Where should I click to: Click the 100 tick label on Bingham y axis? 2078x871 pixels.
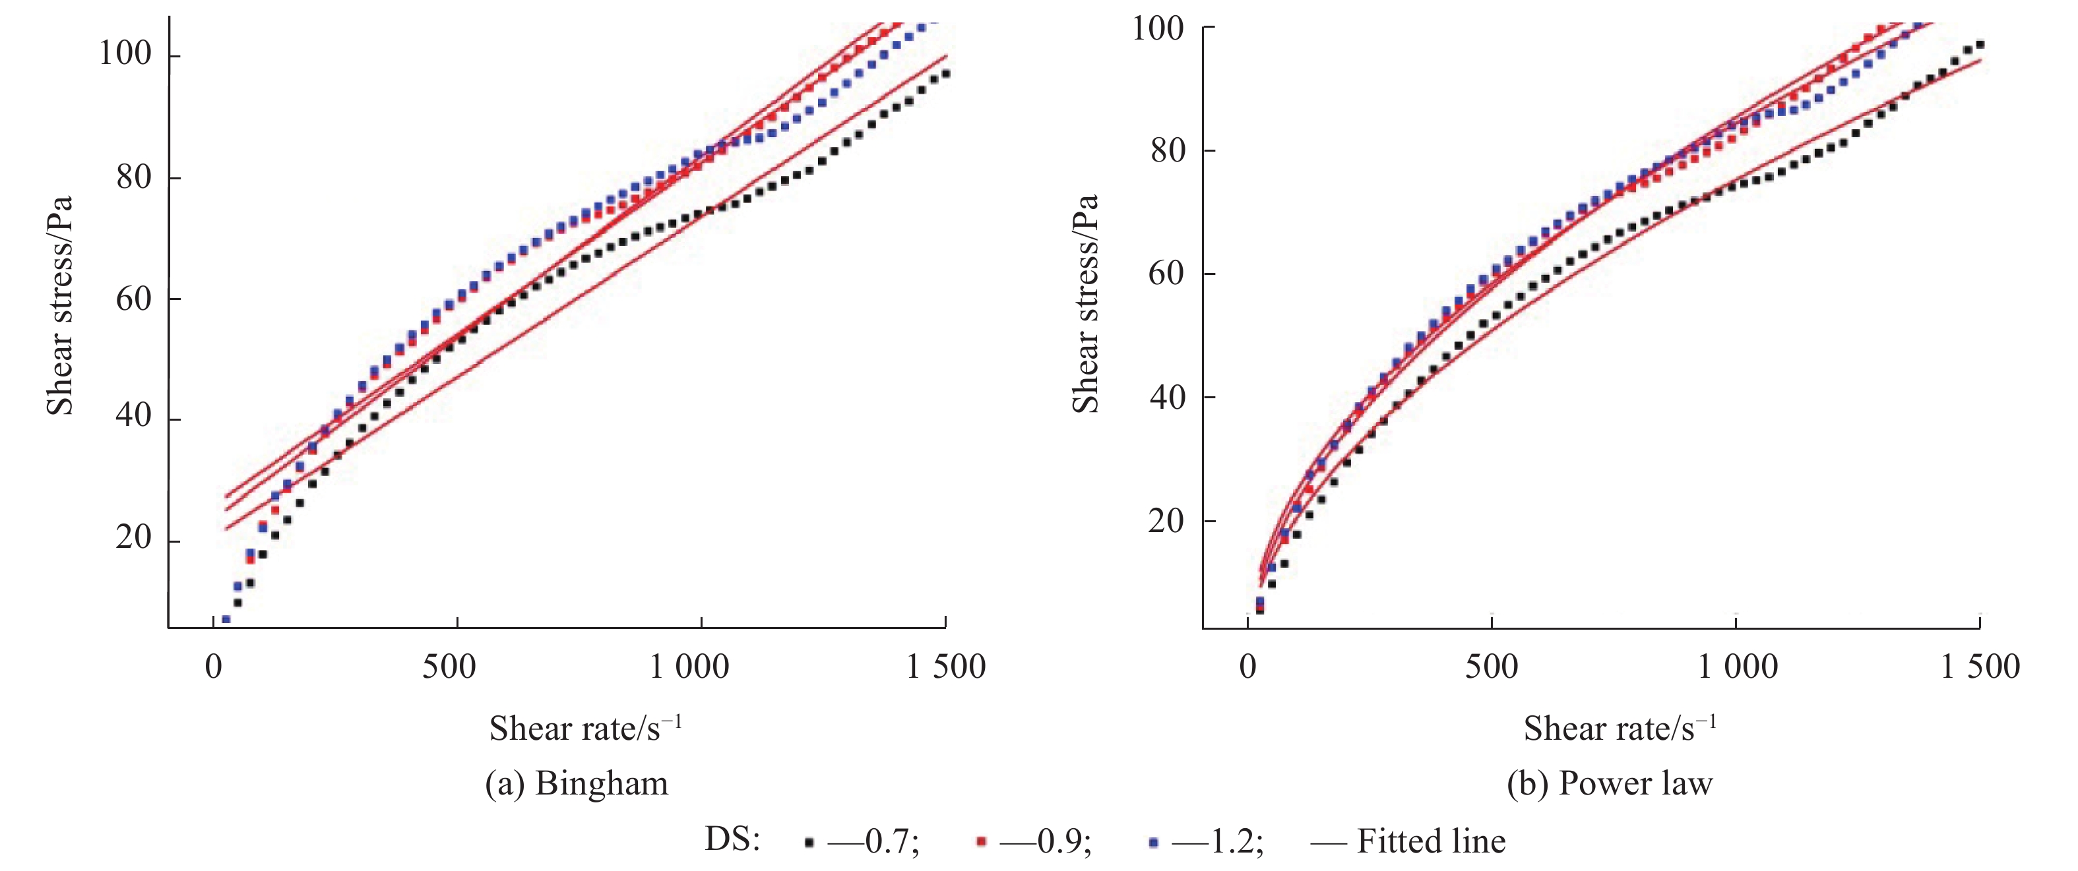pos(125,53)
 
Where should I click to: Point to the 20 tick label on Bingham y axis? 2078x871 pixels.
pos(133,537)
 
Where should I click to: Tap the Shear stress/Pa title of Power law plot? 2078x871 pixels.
pos(1086,304)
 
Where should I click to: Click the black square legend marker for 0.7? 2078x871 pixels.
pos(809,843)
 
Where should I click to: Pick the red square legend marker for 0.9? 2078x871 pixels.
pos(981,842)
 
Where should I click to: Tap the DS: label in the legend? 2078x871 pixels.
pos(732,839)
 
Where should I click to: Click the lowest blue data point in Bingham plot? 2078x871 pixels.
pos(226,619)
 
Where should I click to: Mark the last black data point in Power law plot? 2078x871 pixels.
pos(1979,45)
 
